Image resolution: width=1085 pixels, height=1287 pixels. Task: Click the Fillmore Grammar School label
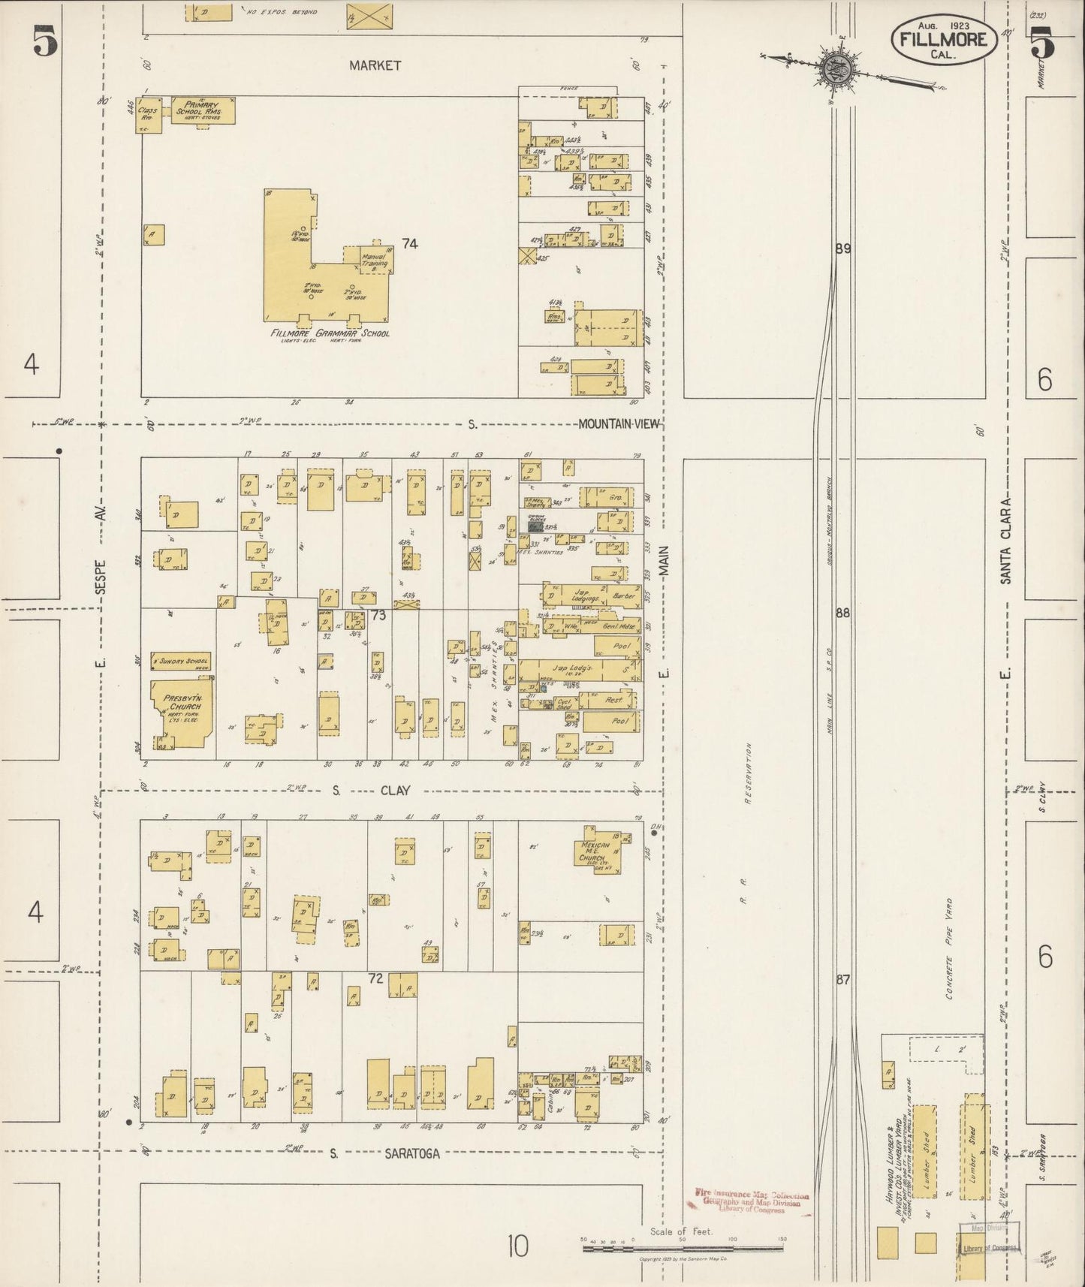click(x=331, y=333)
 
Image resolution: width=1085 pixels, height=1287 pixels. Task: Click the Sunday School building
click(x=181, y=661)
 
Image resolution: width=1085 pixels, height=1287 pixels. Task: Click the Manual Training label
click(x=373, y=260)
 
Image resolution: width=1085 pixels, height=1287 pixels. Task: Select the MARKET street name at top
click(x=375, y=65)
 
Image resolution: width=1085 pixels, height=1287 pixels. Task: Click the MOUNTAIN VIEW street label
click(x=618, y=424)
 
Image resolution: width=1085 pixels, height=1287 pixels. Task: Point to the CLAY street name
click(x=394, y=790)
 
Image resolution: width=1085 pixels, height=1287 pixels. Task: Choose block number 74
click(x=409, y=243)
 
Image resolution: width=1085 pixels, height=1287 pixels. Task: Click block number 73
click(x=378, y=616)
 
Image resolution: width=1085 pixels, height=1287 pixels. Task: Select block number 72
click(x=375, y=978)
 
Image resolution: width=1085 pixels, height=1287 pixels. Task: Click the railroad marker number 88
click(x=842, y=613)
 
